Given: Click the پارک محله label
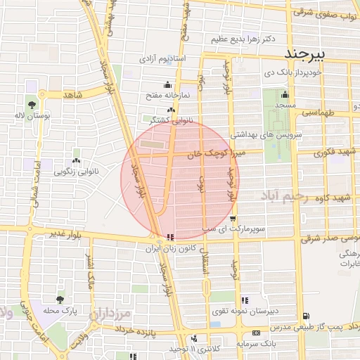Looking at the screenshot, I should pyautogui.click(x=60, y=309).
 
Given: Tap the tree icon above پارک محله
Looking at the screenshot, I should pyautogui.click(x=60, y=299).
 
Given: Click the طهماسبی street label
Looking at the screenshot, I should pyautogui.click(x=321, y=112).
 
